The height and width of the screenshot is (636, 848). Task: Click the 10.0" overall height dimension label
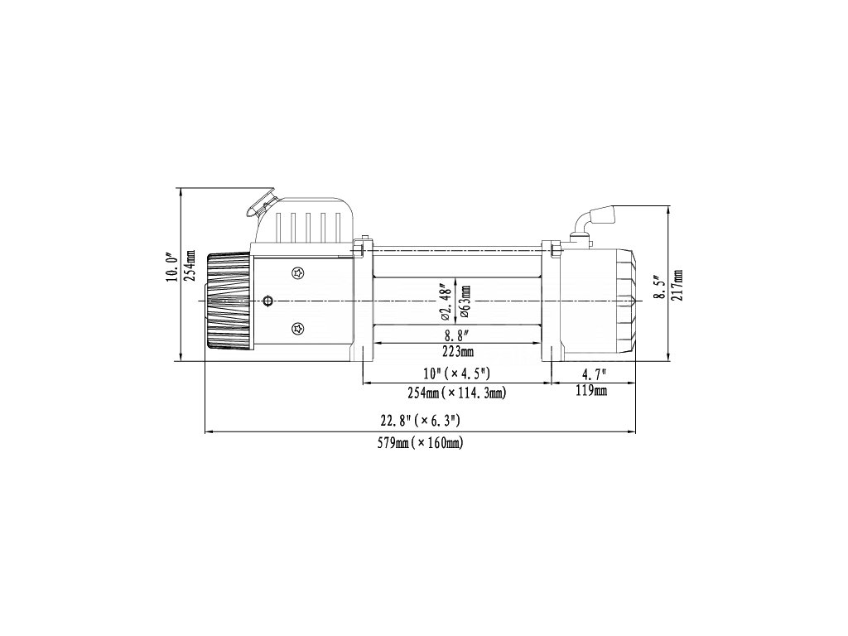[171, 269]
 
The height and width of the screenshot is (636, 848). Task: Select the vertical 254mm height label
[190, 267]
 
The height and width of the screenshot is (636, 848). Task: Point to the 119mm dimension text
[592, 390]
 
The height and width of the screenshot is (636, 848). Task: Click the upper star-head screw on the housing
[297, 272]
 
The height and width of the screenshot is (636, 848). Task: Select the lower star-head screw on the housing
[297, 330]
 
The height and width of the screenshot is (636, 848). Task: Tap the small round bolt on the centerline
[267, 301]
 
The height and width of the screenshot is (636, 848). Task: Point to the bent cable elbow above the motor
[594, 219]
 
